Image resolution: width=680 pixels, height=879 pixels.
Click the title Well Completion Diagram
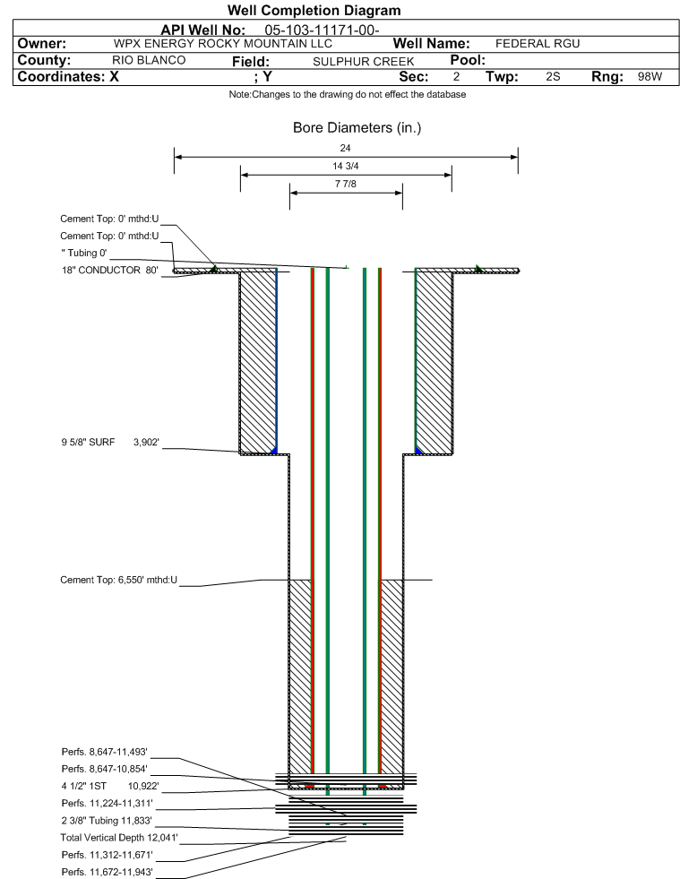[314, 10]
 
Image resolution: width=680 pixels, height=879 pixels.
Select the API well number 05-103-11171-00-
[322, 30]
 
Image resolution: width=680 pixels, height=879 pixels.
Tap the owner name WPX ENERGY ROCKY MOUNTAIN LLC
[222, 44]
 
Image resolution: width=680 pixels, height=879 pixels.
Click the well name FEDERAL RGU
[537, 44]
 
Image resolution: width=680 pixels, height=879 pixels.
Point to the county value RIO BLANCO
[149, 61]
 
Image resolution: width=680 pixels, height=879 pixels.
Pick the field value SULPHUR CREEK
[363, 62]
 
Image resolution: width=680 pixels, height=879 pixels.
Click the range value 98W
[650, 77]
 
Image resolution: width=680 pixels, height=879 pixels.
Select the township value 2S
[553, 77]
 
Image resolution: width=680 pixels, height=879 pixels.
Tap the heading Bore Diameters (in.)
[357, 128]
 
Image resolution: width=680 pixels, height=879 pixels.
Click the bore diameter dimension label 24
[345, 148]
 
